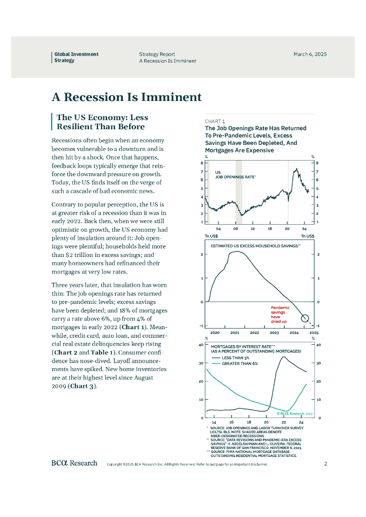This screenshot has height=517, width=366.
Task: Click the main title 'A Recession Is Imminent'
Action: [126, 97]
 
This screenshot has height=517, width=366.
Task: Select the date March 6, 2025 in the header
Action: [310, 54]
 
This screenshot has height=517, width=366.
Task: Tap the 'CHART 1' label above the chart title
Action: [215, 121]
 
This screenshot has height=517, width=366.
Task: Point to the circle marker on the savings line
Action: [305, 318]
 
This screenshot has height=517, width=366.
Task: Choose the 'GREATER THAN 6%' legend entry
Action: [240, 364]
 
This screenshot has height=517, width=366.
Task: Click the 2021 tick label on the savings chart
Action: [235, 333]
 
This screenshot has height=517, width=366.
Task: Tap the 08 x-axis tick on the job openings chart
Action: [236, 229]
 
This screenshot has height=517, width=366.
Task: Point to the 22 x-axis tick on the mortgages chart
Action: [284, 422]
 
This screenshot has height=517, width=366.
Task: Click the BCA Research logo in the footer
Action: [74, 463]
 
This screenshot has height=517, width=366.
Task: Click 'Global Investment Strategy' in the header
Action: [76, 57]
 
